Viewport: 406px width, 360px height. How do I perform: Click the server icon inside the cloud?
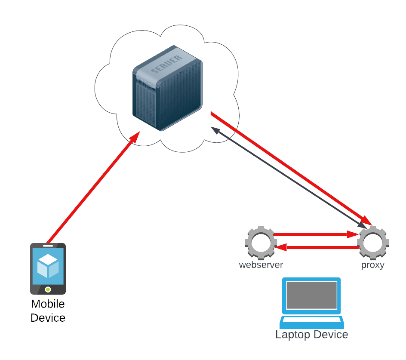point(167,88)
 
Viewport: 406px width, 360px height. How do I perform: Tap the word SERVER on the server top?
point(164,65)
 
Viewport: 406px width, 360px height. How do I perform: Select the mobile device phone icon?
point(48,268)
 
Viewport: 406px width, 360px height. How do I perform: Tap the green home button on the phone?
point(48,289)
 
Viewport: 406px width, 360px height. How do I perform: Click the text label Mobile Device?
point(48,311)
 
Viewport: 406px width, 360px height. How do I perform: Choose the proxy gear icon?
point(373,242)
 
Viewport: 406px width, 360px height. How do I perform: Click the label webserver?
point(261,265)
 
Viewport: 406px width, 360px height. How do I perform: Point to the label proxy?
point(372,265)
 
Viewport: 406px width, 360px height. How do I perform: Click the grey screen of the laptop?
point(311,295)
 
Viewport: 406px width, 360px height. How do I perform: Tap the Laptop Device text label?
point(311,335)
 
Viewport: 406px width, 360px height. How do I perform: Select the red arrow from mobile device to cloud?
point(92,188)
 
